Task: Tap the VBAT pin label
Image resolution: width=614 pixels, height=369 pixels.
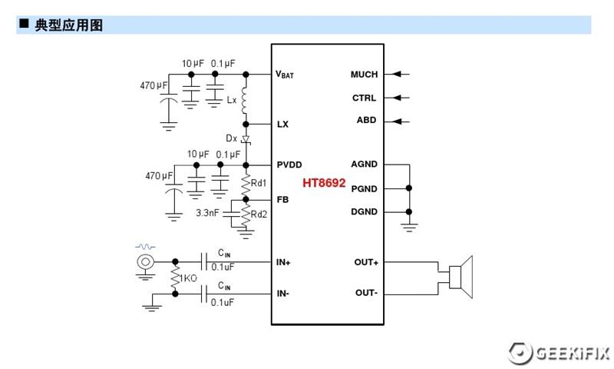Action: pyautogui.click(x=285, y=75)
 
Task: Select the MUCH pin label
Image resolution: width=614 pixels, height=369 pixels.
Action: pyautogui.click(x=364, y=75)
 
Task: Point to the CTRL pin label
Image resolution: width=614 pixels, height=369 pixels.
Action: pyautogui.click(x=364, y=98)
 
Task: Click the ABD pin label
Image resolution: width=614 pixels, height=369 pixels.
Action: pyautogui.click(x=366, y=121)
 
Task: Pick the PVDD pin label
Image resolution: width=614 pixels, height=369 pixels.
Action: pyautogui.click(x=289, y=165)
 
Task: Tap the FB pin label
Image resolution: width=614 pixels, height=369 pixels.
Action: pyautogui.click(x=282, y=199)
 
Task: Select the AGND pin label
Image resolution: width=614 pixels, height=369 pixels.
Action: pyautogui.click(x=364, y=165)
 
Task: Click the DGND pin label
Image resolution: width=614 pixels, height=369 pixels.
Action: pyautogui.click(x=364, y=211)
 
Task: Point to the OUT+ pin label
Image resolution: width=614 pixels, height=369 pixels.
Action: pyautogui.click(x=366, y=262)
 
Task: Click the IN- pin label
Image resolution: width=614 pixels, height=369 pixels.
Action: pyautogui.click(x=283, y=293)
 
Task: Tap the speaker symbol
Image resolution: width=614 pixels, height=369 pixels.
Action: pyautogui.click(x=460, y=278)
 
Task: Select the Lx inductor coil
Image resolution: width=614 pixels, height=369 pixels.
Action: pyautogui.click(x=246, y=99)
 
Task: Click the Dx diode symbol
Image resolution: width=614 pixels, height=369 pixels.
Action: pyautogui.click(x=246, y=140)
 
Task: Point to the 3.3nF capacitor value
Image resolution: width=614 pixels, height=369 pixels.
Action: pyautogui.click(x=208, y=212)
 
